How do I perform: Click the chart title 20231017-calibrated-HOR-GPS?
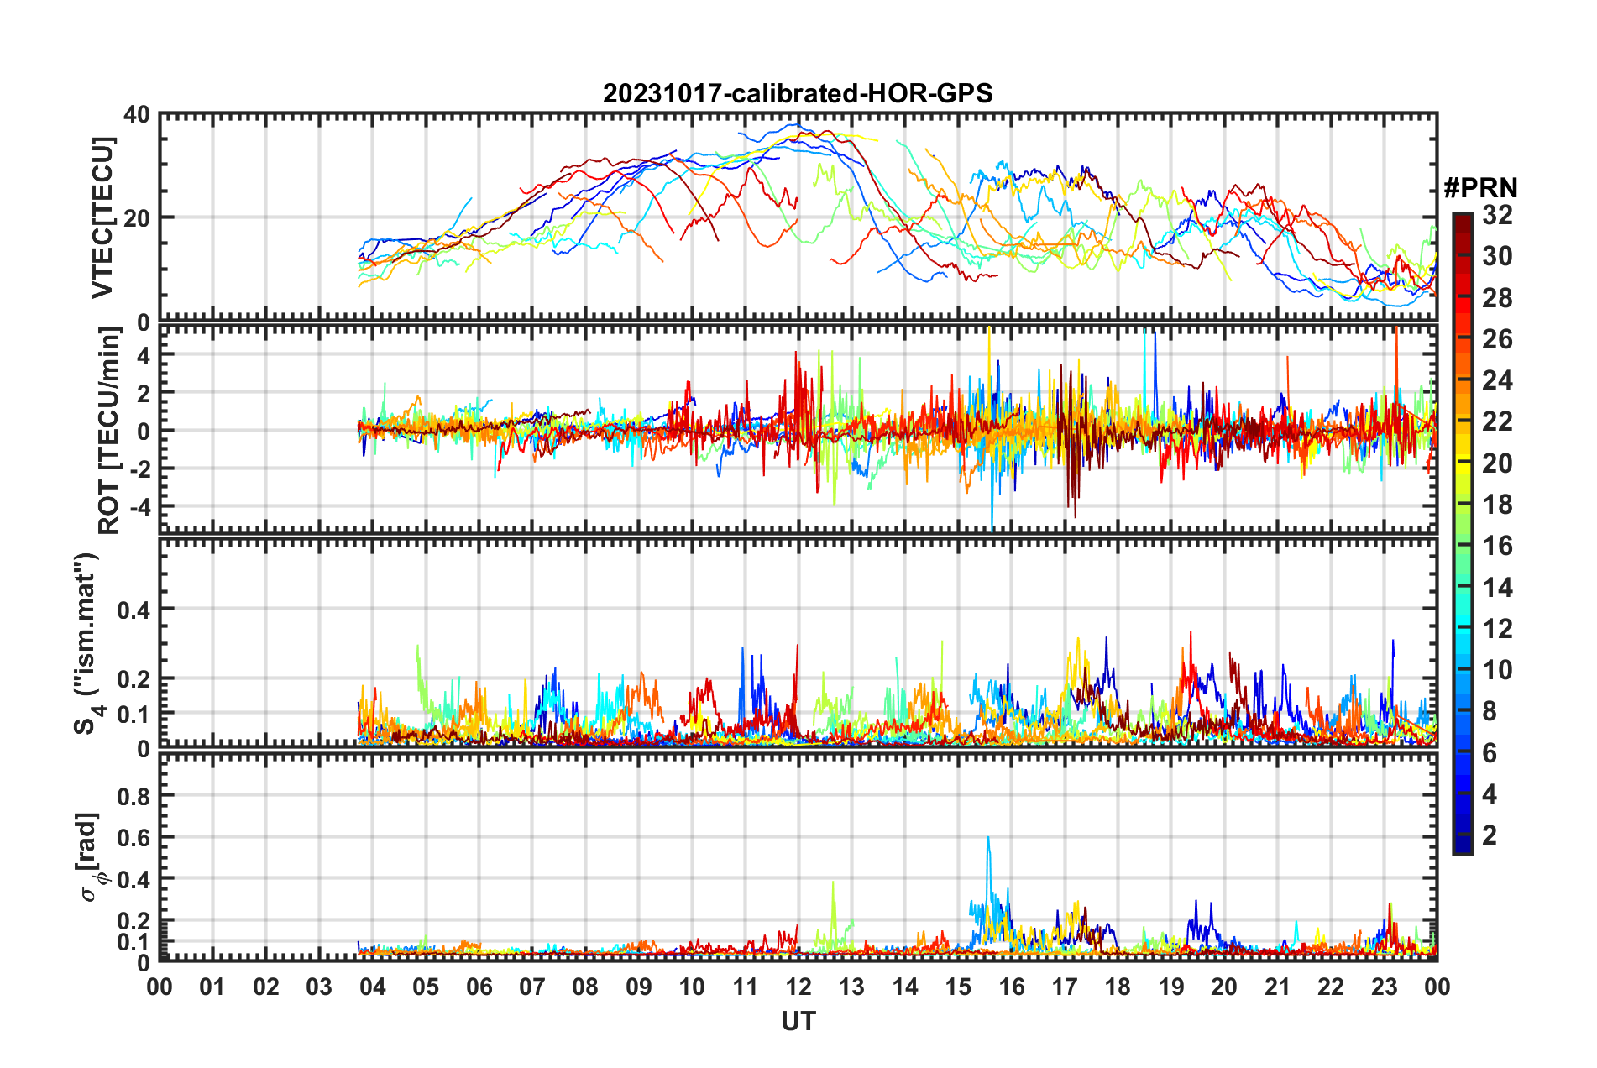point(798,93)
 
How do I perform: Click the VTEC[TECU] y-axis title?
point(102,218)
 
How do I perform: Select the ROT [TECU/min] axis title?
point(109,431)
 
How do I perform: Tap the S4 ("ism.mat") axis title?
point(87,644)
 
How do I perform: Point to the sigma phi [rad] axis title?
point(89,856)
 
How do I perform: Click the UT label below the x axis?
point(798,1022)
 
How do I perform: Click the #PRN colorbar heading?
point(1480,187)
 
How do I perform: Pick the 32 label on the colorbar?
point(1497,216)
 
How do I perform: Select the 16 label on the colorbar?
point(1497,547)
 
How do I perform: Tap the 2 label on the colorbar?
point(1490,835)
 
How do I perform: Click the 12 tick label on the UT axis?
point(798,987)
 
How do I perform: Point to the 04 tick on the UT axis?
point(372,987)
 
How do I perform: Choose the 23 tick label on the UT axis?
point(1384,987)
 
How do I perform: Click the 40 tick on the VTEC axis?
point(136,115)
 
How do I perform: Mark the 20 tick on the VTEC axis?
point(136,218)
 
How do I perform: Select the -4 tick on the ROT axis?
point(136,507)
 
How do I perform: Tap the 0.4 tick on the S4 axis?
point(133,610)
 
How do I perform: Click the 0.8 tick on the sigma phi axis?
point(133,795)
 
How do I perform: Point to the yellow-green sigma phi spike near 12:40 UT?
point(833,883)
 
